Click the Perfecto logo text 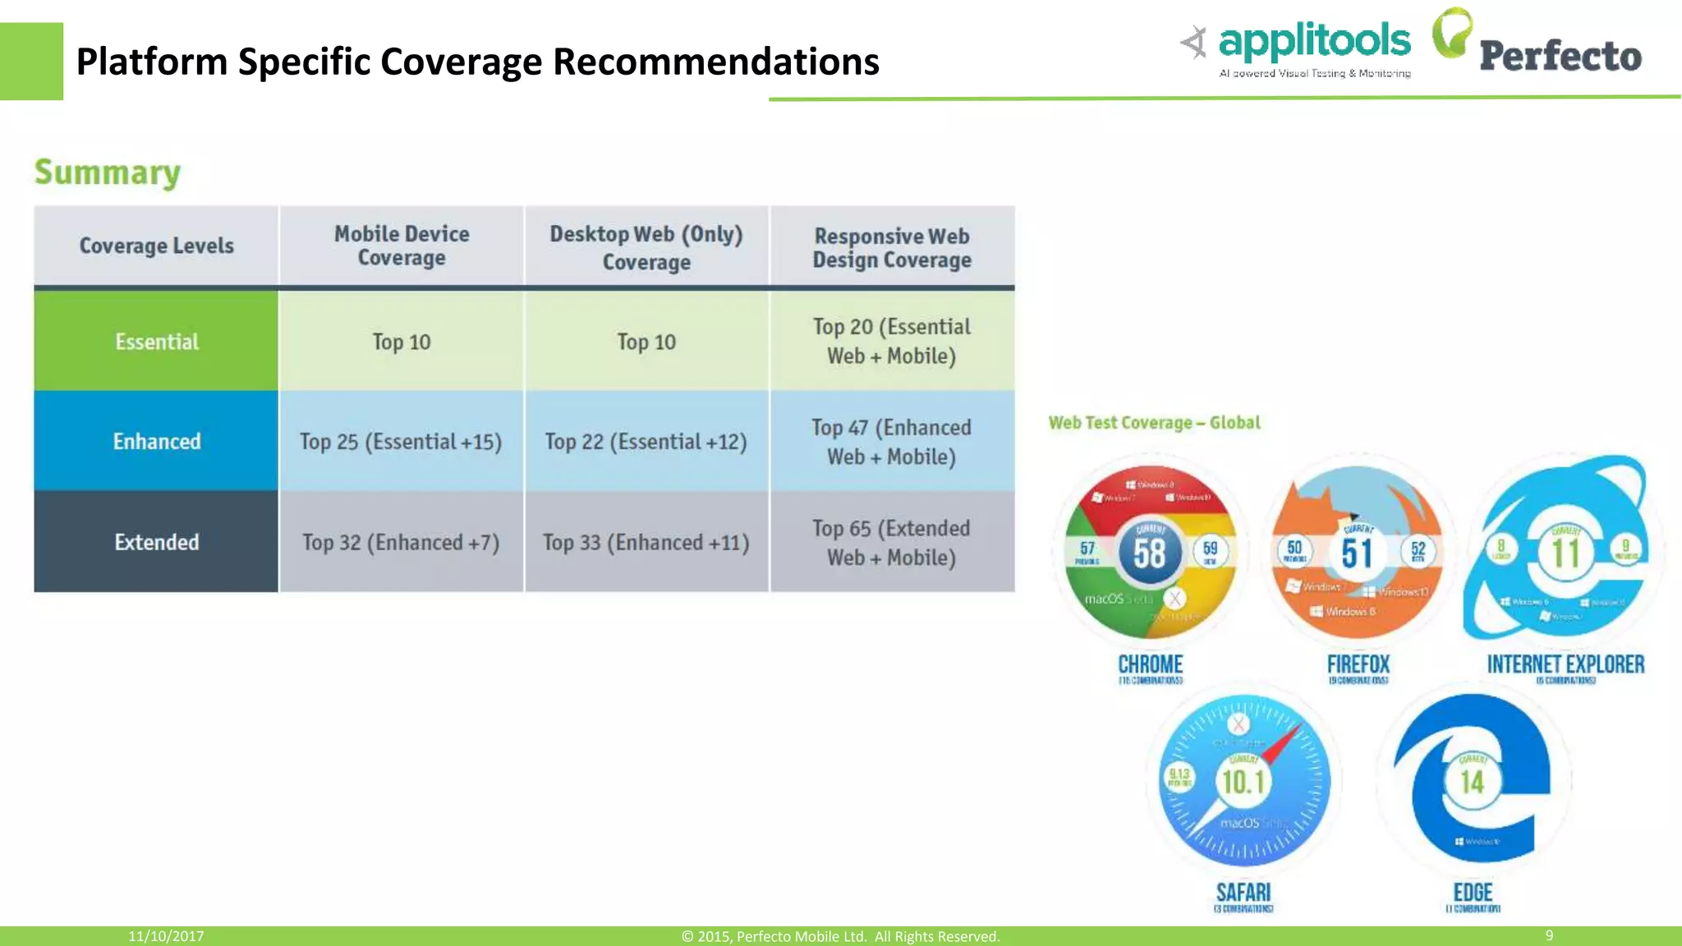(x=1560, y=56)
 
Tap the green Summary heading (x=108, y=172)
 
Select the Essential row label (x=156, y=342)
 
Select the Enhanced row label (x=156, y=442)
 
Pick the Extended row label (x=156, y=542)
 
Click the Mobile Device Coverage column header (x=401, y=246)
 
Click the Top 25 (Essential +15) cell (x=401, y=442)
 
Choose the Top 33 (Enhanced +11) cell (x=646, y=542)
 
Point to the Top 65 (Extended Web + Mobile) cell (x=891, y=542)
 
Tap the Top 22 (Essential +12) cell (x=646, y=442)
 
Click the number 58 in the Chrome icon (x=1149, y=553)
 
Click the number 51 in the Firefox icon (x=1357, y=553)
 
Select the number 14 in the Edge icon (x=1472, y=782)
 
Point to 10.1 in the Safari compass (x=1243, y=782)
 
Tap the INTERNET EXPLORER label (x=1565, y=664)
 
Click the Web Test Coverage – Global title (x=1154, y=423)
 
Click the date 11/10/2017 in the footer (x=166, y=936)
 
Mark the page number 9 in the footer (x=1549, y=935)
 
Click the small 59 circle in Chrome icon (x=1210, y=551)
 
